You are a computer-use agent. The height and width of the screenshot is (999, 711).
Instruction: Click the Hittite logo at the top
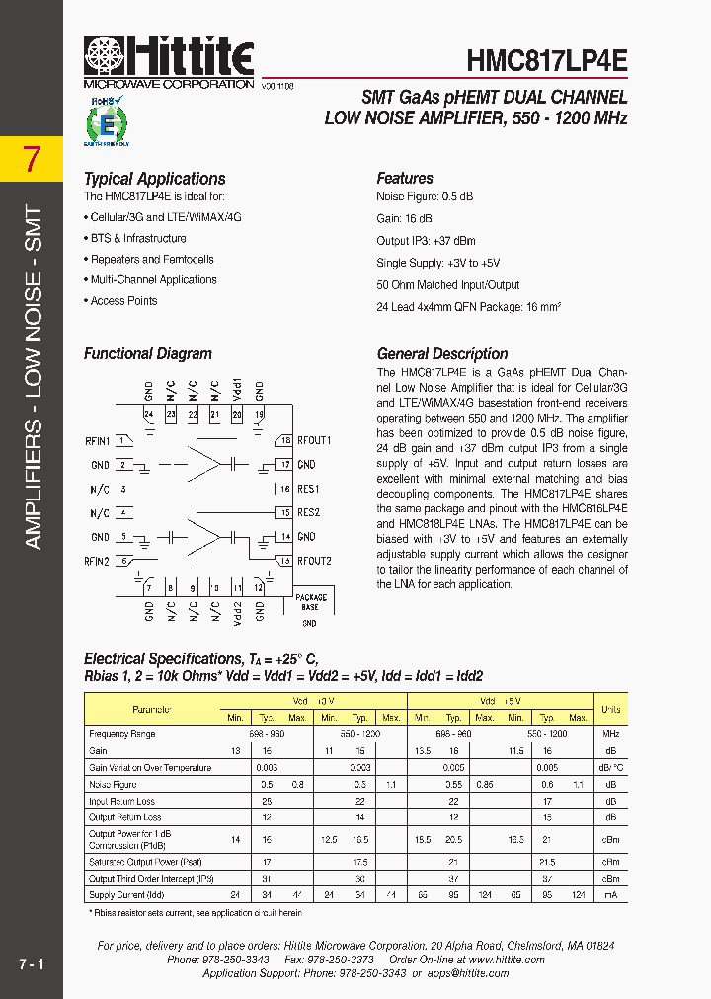click(x=169, y=57)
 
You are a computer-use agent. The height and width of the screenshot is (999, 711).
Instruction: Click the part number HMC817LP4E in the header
click(x=546, y=60)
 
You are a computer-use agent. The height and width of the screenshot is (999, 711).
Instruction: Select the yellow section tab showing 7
click(x=32, y=158)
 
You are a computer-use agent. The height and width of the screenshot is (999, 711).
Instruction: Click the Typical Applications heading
click(x=154, y=179)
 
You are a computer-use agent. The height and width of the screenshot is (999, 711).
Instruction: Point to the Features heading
click(x=405, y=179)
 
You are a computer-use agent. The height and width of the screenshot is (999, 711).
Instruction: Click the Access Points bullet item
click(x=123, y=301)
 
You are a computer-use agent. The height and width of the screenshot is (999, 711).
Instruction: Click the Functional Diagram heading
click(x=148, y=353)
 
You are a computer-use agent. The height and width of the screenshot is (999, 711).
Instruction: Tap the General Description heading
click(x=442, y=353)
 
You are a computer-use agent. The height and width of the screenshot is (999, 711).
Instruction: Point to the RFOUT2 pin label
click(x=314, y=561)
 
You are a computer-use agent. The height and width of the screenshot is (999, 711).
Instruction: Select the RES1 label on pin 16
click(x=308, y=489)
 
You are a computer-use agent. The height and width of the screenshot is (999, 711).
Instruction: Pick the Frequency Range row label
click(x=122, y=734)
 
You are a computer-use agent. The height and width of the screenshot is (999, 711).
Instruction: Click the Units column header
click(x=611, y=710)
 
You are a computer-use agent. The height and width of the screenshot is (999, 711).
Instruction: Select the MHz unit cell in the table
click(x=611, y=734)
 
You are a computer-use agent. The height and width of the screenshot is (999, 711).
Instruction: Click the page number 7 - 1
click(x=31, y=961)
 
